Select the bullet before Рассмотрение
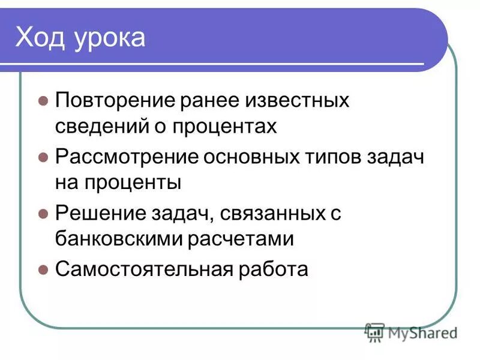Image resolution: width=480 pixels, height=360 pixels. click(x=43, y=157)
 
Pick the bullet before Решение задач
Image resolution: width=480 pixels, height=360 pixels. click(x=43, y=213)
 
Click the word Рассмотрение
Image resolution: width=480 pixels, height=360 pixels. click(x=127, y=157)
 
